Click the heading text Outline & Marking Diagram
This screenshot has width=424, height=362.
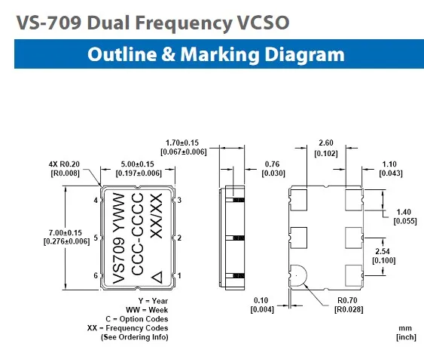click(x=215, y=55)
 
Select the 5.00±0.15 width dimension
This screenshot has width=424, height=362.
click(x=137, y=164)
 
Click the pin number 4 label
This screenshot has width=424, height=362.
click(x=95, y=201)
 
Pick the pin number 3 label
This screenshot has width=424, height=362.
click(x=180, y=201)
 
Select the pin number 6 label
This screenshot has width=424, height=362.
click(x=95, y=276)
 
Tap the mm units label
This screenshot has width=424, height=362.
click(x=405, y=329)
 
